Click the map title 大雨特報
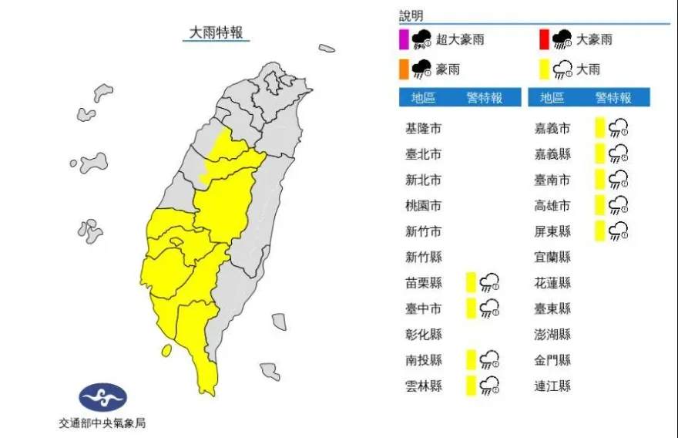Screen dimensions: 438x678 tap(216, 32)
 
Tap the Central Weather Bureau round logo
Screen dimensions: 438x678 tap(103, 398)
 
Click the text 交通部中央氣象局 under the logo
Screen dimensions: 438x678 tap(102, 423)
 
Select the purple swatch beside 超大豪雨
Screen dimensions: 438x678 tap(403, 39)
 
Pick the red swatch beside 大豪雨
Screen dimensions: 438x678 tap(544, 39)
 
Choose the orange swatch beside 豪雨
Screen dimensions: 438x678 tap(403, 69)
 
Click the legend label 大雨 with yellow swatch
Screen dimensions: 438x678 tap(588, 69)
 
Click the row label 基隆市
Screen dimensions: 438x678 tap(424, 129)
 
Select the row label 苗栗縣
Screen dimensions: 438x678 tap(424, 283)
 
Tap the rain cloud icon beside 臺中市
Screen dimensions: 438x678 tap(489, 308)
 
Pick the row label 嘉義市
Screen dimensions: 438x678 tap(552, 129)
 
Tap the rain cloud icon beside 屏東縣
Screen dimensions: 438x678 tap(618, 231)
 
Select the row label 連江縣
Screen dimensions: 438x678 tap(552, 386)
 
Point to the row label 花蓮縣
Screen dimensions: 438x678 tap(552, 283)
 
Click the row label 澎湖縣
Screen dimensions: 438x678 tap(552, 334)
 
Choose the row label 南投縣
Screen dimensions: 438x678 tap(424, 360)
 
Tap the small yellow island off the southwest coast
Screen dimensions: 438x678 tap(166, 351)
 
